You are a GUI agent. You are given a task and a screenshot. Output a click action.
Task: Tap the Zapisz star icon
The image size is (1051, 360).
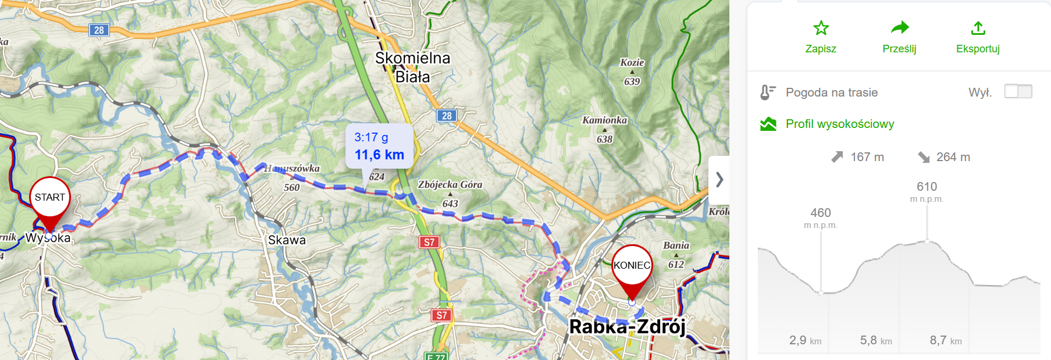tap(821, 28)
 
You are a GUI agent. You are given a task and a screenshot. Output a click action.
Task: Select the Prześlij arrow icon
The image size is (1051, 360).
tap(899, 28)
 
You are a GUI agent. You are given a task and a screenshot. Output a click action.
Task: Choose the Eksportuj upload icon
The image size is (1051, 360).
tap(978, 28)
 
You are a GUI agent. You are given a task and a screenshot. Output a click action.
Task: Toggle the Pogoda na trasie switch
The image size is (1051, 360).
tap(1018, 91)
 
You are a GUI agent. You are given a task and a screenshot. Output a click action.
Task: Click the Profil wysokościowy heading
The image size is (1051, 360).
tap(839, 124)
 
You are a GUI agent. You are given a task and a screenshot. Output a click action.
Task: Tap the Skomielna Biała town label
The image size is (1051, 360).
tap(412, 67)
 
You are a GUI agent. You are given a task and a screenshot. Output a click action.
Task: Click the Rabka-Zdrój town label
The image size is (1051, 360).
tap(627, 327)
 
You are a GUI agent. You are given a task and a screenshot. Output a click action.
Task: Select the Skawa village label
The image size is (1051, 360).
tap(287, 240)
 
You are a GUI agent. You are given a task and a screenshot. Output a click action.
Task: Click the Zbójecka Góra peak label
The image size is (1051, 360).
tap(450, 185)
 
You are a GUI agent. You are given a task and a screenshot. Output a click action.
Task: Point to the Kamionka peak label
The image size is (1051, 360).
tap(605, 120)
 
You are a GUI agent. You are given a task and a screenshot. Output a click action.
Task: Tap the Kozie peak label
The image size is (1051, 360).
tap(632, 63)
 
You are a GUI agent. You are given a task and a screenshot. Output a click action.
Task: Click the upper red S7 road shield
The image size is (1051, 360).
tap(429, 242)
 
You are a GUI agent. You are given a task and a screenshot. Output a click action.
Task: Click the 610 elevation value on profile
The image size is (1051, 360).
tap(927, 187)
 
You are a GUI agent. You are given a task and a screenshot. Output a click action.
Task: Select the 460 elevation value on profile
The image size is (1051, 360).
tap(821, 213)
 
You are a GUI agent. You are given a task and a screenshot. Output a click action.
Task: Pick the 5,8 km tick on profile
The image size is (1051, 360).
tap(875, 340)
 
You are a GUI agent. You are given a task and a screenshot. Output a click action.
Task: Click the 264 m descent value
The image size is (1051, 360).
tap(953, 157)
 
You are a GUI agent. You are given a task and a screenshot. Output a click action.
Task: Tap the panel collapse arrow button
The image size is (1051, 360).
tap(719, 180)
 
